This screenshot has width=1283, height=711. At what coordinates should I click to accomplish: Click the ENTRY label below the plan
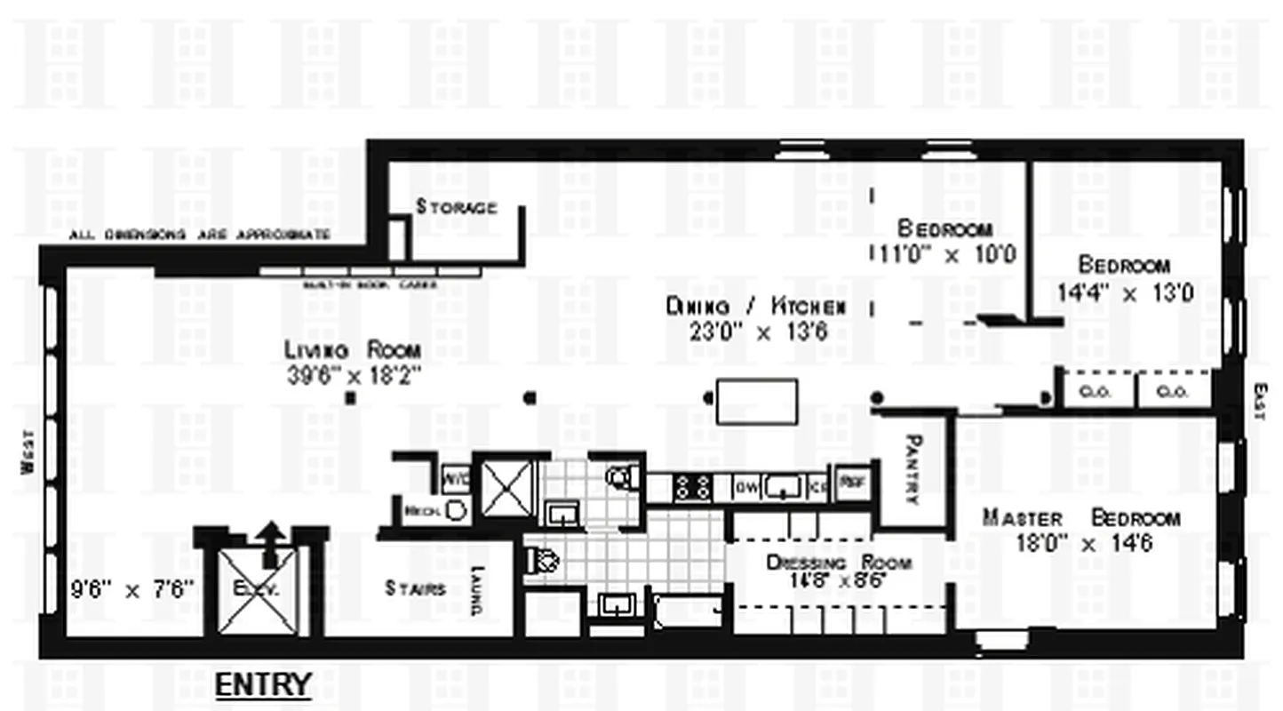(264, 684)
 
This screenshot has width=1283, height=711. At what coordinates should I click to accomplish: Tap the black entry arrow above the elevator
(270, 542)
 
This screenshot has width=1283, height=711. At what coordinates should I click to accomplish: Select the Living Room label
(353, 349)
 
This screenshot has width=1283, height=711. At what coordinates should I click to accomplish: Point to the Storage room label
(457, 208)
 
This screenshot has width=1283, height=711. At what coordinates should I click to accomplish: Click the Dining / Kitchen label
(755, 307)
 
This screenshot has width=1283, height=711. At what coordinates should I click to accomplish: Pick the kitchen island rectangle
(757, 401)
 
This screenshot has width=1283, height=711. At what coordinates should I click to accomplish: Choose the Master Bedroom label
(1081, 518)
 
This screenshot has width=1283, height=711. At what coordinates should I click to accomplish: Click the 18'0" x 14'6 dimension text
(1085, 542)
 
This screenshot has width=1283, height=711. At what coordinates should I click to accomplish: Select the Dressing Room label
(839, 563)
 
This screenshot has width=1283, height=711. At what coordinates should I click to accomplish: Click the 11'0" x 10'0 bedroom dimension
(944, 254)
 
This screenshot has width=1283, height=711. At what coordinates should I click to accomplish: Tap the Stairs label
(416, 588)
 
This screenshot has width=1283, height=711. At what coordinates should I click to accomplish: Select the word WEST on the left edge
(28, 452)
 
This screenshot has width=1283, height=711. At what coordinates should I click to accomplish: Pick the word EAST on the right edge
(1259, 401)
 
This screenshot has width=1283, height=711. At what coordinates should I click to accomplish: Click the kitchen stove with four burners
(692, 486)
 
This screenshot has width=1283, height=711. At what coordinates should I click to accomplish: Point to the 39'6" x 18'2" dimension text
(353, 374)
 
